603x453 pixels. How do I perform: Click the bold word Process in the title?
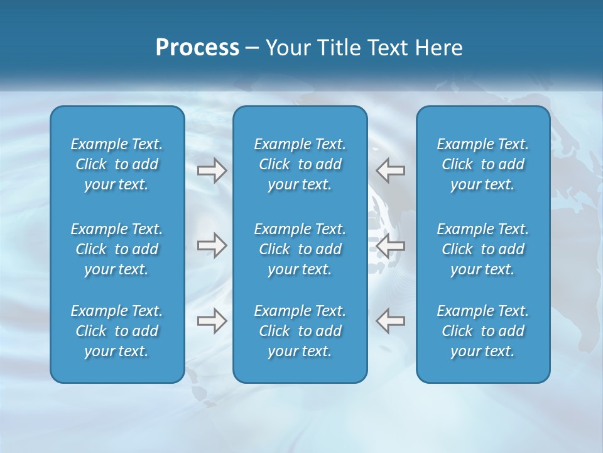pos(197,48)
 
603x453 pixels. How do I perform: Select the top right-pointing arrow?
pos(212,171)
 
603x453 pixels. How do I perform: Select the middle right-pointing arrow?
pos(212,245)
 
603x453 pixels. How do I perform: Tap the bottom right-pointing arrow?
pos(212,320)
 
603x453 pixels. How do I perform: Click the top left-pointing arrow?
pos(391,171)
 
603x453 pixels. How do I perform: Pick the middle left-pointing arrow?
pos(391,245)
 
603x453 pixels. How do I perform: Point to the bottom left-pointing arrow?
pos(391,320)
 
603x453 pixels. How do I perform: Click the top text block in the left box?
pos(117,164)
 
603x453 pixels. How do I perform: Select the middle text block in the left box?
pos(117,249)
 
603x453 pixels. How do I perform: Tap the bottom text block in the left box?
pos(117,331)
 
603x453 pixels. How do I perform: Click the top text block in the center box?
pos(300,164)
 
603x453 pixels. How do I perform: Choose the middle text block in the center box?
pos(300,249)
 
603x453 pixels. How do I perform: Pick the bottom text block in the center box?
pos(300,331)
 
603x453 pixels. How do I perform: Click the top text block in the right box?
pos(482,164)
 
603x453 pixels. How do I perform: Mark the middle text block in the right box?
pos(482,249)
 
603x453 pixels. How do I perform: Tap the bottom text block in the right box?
pos(482,331)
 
